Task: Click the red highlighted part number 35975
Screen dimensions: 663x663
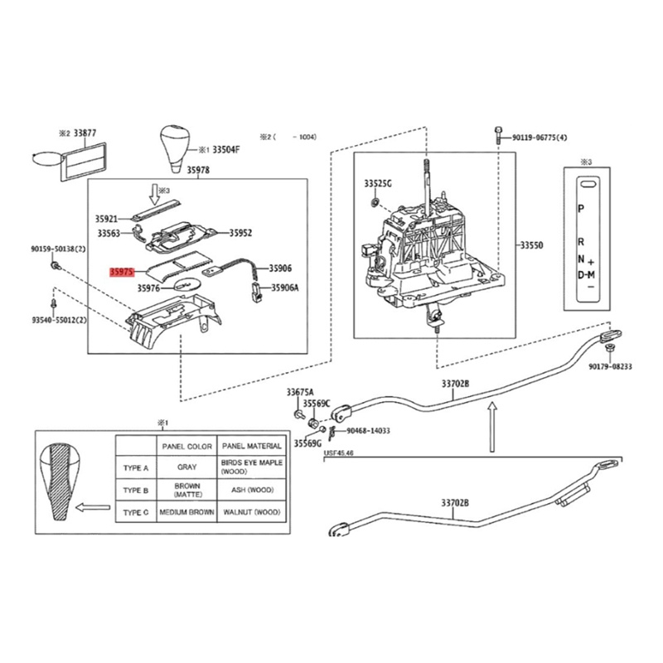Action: click(122, 271)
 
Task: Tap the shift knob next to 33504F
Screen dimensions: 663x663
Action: click(176, 144)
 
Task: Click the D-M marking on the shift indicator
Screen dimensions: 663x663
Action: click(585, 273)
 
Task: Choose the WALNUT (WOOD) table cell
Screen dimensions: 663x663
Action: click(251, 512)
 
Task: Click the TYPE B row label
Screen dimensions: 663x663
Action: click(136, 490)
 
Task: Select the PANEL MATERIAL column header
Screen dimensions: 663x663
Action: click(251, 446)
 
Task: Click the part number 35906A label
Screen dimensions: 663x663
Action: click(282, 288)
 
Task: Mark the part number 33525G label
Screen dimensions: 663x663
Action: click(378, 182)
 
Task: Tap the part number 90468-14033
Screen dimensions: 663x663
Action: click(369, 431)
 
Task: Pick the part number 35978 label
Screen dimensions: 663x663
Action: click(198, 169)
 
